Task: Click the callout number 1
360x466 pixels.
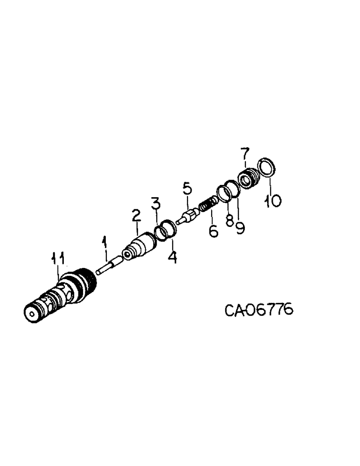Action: [x=105, y=242]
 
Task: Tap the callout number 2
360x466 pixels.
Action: [x=136, y=215]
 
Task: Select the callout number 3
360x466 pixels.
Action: [x=155, y=203]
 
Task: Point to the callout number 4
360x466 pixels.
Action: [x=173, y=257]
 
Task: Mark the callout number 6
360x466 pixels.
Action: [x=214, y=231]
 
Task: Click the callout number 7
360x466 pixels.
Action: [x=245, y=153]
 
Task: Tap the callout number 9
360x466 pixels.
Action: [x=240, y=228]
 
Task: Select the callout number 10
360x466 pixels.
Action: [x=273, y=201]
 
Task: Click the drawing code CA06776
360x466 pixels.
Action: [x=259, y=309]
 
